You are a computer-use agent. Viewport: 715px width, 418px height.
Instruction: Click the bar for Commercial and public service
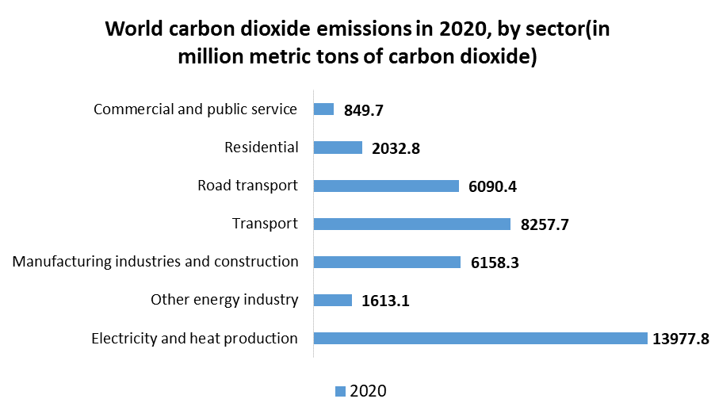pos(324,109)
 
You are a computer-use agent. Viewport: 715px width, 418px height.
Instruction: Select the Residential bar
pos(338,148)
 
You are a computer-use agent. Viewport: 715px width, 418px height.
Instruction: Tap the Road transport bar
pos(386,186)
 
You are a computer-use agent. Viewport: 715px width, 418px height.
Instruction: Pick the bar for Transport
pos(411,224)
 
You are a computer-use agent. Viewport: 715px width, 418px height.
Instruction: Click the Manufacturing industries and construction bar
pos(387,262)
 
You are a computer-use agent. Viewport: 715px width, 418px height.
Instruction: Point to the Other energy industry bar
pos(333,300)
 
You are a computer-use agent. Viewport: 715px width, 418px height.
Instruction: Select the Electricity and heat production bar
pos(480,338)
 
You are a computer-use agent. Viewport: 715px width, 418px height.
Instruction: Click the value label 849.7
pos(364,111)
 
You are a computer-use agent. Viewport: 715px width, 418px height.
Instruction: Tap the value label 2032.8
pos(396,149)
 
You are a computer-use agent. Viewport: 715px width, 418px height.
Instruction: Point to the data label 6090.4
pos(493,187)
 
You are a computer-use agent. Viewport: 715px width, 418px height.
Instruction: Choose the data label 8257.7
pos(545,225)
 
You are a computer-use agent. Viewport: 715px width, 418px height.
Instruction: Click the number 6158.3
pos(495,263)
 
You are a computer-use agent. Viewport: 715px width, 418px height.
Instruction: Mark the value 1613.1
pos(386,301)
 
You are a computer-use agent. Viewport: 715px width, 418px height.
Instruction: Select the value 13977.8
pos(680,339)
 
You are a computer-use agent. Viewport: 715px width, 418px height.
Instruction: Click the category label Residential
pos(262,148)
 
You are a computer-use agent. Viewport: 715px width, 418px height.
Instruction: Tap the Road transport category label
pos(247,186)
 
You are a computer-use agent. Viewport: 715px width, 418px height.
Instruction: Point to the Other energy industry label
pos(224,300)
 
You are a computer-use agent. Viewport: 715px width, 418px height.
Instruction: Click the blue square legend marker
pos(341,390)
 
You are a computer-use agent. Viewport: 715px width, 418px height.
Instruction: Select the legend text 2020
pos(368,390)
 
